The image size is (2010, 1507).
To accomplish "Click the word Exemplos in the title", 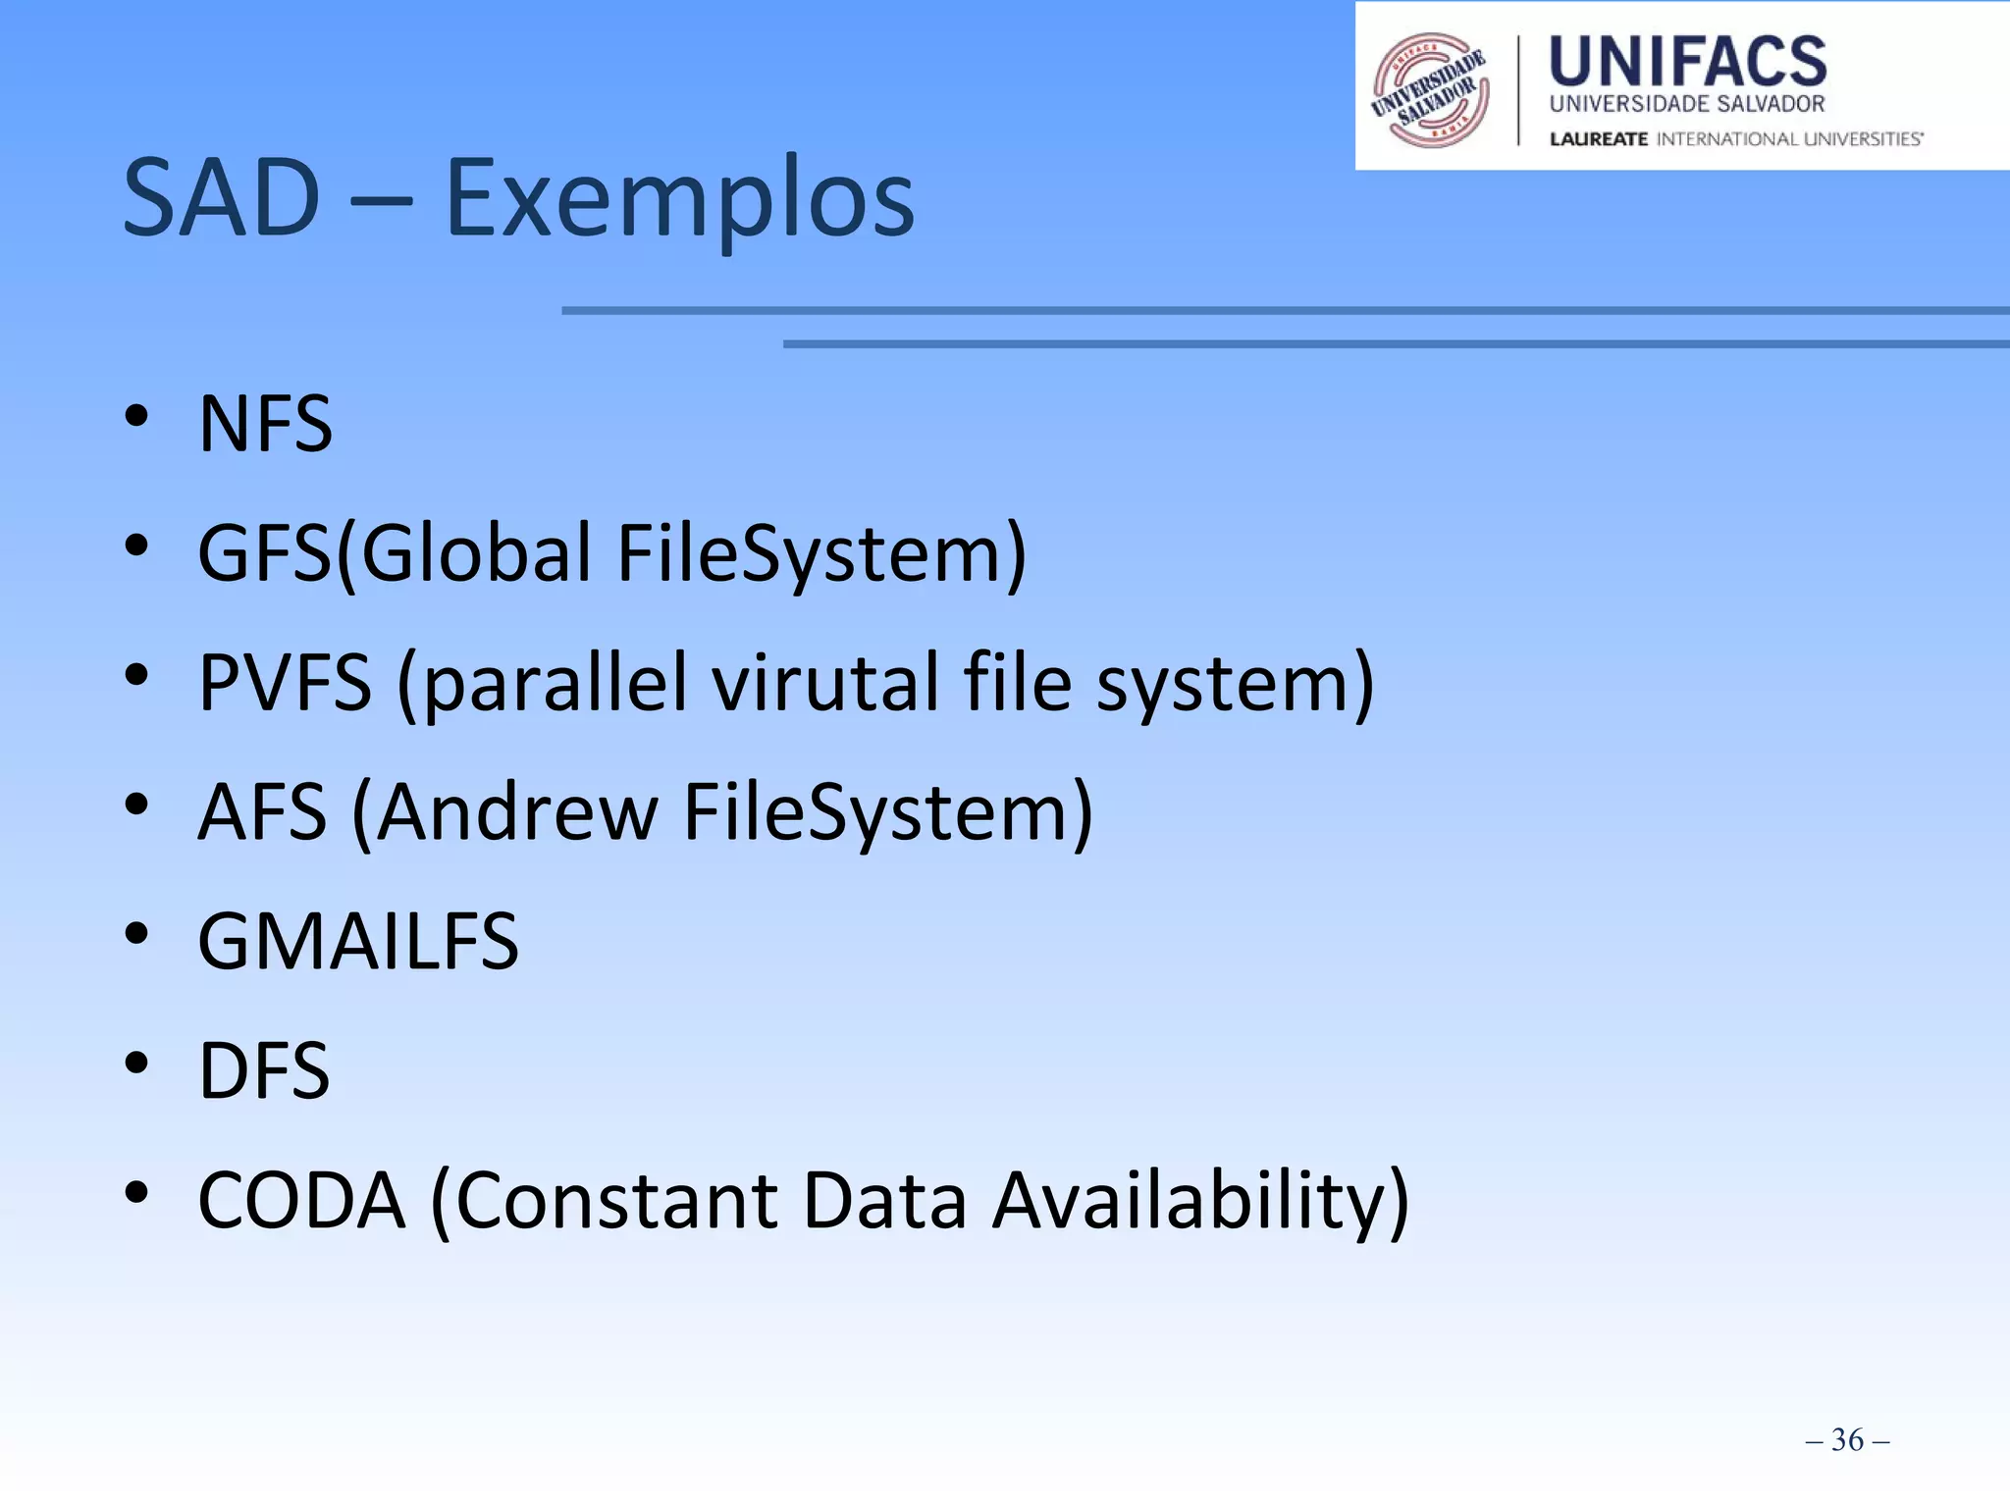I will coord(679,199).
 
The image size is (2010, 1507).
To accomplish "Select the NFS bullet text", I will coord(265,424).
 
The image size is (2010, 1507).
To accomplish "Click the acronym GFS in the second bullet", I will coord(265,553).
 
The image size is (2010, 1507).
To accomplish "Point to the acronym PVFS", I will coord(285,683).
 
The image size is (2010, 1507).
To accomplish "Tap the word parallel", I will coord(555,683).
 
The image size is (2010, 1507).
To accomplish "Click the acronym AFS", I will coord(262,812).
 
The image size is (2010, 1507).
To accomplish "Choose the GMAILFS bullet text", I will coord(358,942).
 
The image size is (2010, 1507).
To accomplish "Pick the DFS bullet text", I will coord(264,1070).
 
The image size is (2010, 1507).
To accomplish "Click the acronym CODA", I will coord(301,1200).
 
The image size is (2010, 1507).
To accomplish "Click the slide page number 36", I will coord(1847,1440).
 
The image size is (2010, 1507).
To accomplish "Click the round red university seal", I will coord(1430,89).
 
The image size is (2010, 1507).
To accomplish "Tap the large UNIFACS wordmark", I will coord(1687,61).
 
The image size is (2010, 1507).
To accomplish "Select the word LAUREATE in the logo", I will coord(1598,139).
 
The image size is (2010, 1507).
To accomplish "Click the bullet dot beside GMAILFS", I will coord(136,933).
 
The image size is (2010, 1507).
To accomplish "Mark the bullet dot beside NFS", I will coord(136,416).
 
